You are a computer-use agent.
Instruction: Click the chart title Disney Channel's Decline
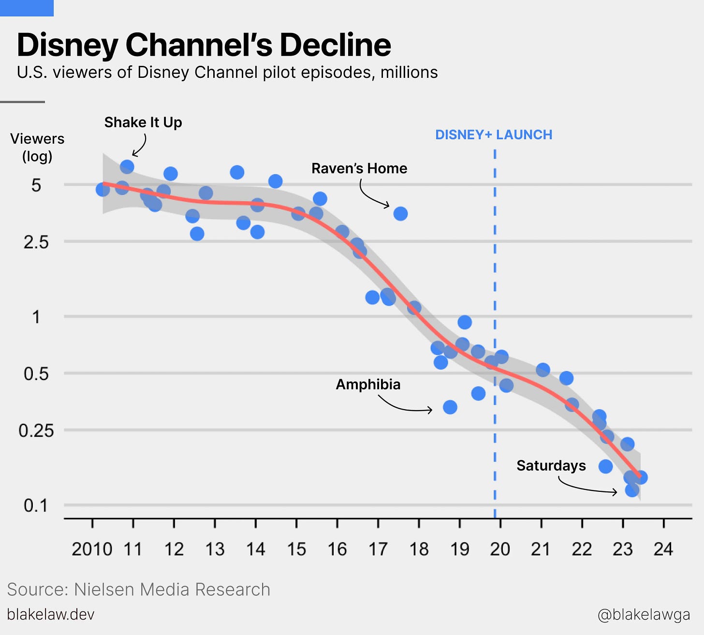[204, 45]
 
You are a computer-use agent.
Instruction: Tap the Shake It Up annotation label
[143, 122]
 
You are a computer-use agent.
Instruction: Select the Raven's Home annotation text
[359, 168]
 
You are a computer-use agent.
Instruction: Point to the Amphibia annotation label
[368, 384]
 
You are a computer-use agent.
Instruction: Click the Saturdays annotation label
[551, 466]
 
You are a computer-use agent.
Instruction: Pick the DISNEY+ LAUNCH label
[494, 135]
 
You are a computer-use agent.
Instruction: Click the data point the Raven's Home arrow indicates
[400, 213]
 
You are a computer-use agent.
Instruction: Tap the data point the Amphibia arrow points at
[450, 407]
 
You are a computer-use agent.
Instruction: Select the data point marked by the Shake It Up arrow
[127, 167]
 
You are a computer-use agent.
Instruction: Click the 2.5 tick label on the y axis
[36, 242]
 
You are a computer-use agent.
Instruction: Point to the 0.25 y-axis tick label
[36, 430]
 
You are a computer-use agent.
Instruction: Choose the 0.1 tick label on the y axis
[36, 506]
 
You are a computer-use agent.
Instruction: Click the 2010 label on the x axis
[92, 549]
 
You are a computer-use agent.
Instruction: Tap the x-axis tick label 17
[378, 549]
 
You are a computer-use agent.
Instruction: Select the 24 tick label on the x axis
[663, 549]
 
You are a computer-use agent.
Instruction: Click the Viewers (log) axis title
[37, 148]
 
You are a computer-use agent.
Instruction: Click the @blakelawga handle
[644, 615]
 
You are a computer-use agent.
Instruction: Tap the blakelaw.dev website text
[51, 615]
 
